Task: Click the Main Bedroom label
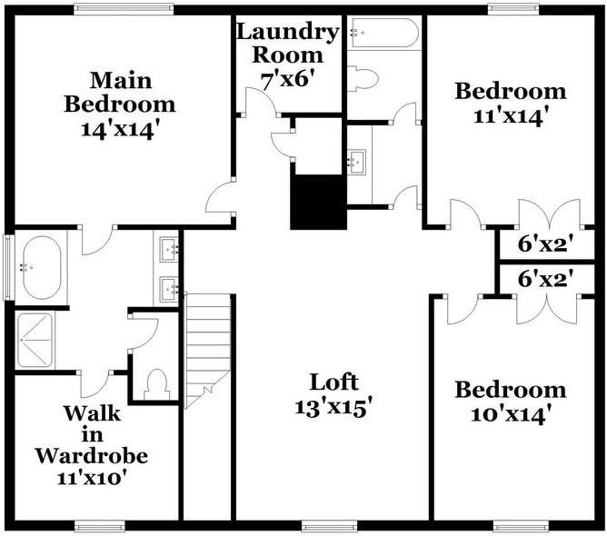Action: pyautogui.click(x=119, y=91)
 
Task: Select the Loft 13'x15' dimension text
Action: pyautogui.click(x=333, y=408)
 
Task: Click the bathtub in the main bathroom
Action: pyautogui.click(x=39, y=267)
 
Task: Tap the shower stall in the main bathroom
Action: pyautogui.click(x=36, y=341)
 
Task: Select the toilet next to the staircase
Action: pyautogui.click(x=157, y=384)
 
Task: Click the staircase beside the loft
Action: pyautogui.click(x=207, y=350)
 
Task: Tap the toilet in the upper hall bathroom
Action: pyautogui.click(x=363, y=79)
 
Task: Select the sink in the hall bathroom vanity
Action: pyautogui.click(x=356, y=163)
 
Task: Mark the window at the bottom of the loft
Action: pyautogui.click(x=329, y=525)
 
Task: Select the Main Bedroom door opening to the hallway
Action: pyautogui.click(x=221, y=197)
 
